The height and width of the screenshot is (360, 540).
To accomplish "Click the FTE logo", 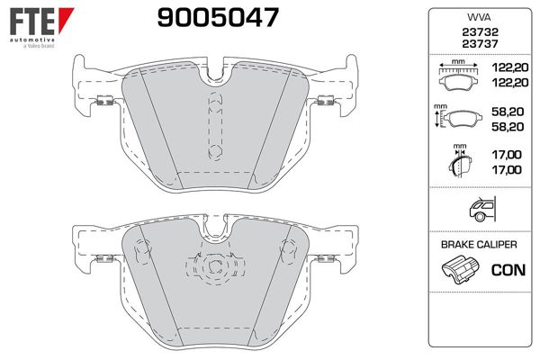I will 33,21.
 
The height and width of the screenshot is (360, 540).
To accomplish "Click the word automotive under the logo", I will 31,40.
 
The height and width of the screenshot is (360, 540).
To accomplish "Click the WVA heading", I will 477,16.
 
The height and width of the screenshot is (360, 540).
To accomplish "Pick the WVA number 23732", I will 477,31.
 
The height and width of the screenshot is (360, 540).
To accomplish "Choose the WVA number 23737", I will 477,44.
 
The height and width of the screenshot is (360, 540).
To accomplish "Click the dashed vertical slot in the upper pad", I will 213,125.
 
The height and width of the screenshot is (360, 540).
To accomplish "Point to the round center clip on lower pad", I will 213,267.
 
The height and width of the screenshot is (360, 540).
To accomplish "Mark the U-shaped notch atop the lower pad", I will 213,230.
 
